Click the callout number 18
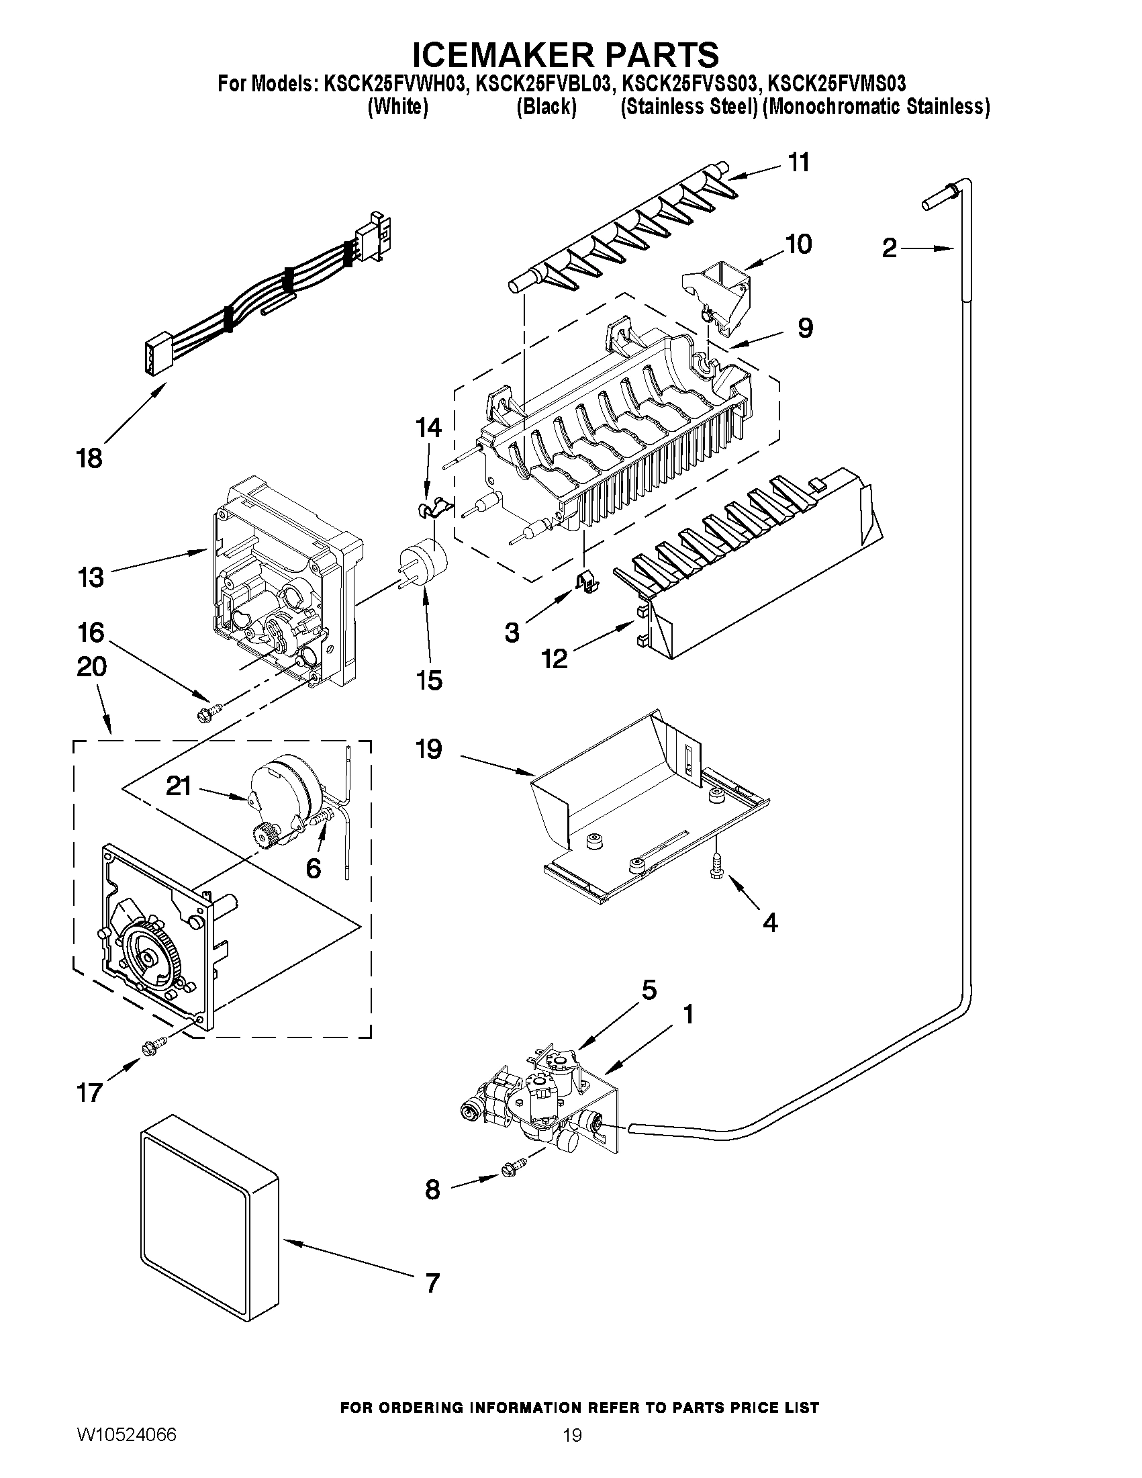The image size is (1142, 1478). point(89,459)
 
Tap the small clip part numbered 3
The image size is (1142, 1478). point(585,581)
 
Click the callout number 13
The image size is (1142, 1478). point(91,578)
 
